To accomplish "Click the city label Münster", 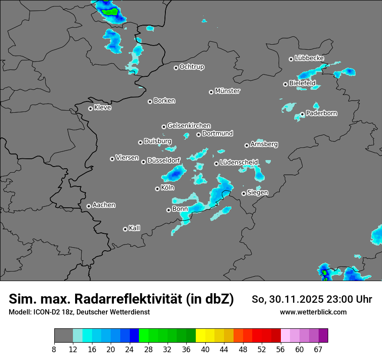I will [227, 91].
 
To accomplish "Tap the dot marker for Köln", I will [157, 189].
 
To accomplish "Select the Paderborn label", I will [321, 114].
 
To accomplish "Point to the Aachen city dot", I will [89, 206].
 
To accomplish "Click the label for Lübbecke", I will [309, 58].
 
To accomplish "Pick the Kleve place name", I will [102, 108].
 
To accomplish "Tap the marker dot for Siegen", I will [244, 193].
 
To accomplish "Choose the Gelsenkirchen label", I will [189, 126].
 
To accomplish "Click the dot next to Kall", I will [125, 229].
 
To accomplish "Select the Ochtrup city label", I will [191, 67].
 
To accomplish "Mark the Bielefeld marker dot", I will [285, 84].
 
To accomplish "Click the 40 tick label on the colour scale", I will [205, 349].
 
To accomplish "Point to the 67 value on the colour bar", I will [318, 349].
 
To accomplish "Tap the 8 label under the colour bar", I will [54, 349].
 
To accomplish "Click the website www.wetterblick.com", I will [313, 312].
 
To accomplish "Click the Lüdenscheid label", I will [239, 163].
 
